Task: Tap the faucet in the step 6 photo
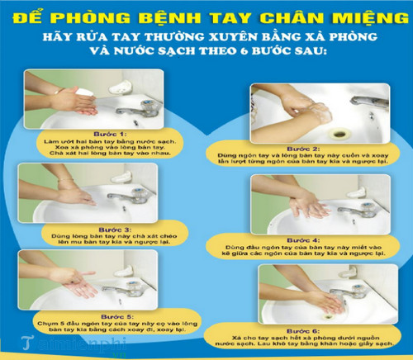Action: [x=357, y=287]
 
